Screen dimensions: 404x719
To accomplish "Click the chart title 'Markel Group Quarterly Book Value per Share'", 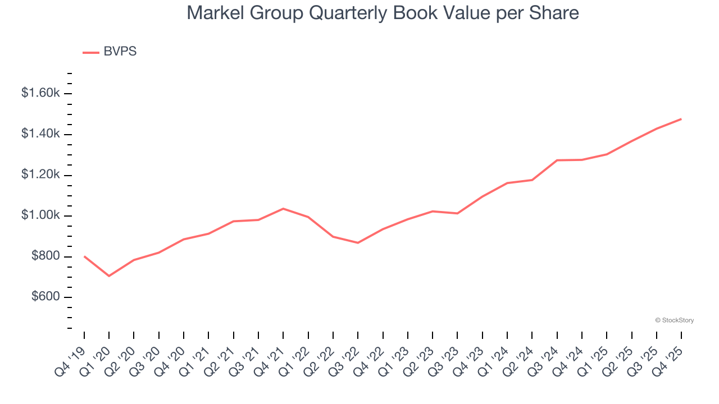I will (383, 13).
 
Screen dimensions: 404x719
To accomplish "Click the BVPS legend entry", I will (110, 52).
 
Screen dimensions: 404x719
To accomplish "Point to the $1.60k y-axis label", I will (40, 93).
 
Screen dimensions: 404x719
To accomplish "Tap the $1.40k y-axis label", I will (40, 134).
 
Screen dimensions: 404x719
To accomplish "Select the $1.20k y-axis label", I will (40, 175).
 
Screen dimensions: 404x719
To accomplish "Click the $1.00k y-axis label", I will (40, 216).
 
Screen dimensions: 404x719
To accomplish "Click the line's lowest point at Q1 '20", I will (109, 276).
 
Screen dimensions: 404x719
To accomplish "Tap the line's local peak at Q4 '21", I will (283, 209).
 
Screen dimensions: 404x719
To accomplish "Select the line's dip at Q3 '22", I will (358, 243).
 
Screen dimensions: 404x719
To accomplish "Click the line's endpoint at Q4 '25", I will (681, 119).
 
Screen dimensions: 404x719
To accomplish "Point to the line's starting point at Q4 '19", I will (84, 256).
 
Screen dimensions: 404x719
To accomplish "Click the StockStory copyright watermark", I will (674, 320).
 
